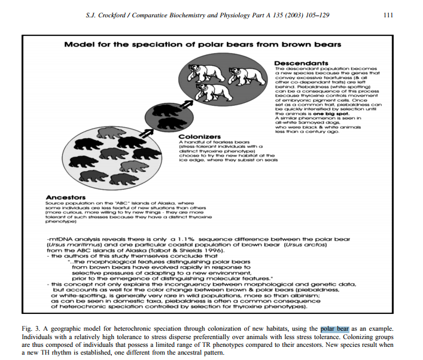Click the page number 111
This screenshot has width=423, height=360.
click(387, 15)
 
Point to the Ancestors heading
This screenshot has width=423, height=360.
click(65, 197)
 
